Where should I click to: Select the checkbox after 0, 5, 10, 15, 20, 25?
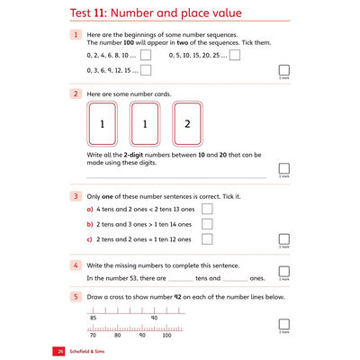(x=235, y=55)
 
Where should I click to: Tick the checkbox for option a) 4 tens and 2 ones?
(x=207, y=209)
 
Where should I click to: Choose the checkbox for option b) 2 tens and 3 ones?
(x=207, y=224)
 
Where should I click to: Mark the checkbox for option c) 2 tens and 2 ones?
(x=207, y=239)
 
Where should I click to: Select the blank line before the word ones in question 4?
(x=234, y=280)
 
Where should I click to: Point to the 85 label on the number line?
(x=93, y=318)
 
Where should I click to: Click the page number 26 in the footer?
(x=60, y=350)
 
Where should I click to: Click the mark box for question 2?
(x=284, y=168)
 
